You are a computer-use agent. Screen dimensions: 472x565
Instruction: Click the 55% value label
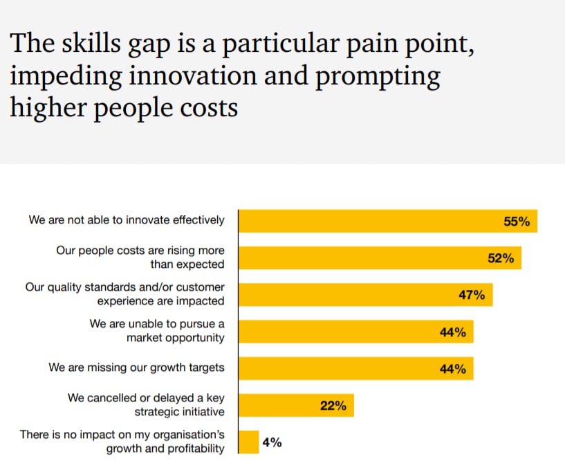tap(517, 221)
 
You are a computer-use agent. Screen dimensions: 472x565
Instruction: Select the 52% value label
tap(500, 258)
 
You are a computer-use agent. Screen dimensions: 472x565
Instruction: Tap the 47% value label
tap(472, 295)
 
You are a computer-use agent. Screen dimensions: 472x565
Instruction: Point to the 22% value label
tap(333, 406)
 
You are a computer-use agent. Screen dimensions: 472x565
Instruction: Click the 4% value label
tap(272, 442)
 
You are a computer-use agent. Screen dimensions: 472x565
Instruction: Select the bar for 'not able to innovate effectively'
tap(367, 221)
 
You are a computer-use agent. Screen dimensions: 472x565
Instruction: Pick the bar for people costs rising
tap(360, 258)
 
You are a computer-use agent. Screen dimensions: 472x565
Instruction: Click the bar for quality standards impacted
tap(346, 295)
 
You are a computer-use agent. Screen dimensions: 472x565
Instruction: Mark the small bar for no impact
tap(248, 442)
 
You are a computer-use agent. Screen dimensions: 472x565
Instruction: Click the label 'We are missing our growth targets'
tap(136, 367)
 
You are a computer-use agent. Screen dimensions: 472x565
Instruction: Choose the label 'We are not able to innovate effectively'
tap(127, 220)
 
